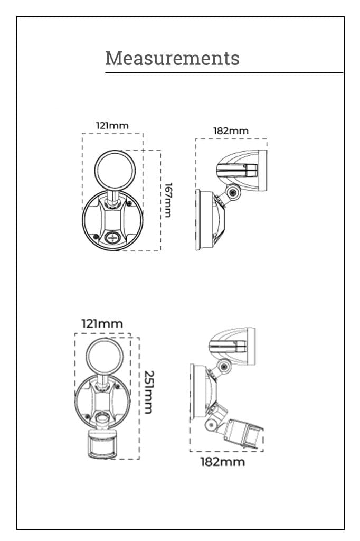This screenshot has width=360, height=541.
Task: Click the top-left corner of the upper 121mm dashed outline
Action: (x=82, y=134)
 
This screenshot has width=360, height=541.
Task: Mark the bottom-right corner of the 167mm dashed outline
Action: (x=160, y=250)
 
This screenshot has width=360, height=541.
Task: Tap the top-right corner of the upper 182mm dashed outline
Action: (x=267, y=139)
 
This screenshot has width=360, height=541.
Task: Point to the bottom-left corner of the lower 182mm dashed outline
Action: (x=190, y=451)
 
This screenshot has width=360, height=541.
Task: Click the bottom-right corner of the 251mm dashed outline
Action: (x=139, y=459)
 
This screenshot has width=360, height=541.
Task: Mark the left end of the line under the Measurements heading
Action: (x=106, y=73)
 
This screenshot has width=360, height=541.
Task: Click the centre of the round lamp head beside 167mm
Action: (x=115, y=170)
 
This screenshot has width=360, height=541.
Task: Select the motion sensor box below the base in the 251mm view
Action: (x=102, y=444)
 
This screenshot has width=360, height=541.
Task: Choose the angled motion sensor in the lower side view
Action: (x=243, y=433)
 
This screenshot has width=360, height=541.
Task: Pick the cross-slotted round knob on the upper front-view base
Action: (x=112, y=238)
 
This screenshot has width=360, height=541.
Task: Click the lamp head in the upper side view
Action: (x=242, y=171)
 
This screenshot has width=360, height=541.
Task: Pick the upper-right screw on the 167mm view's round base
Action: (x=129, y=203)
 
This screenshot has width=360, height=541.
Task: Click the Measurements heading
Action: (x=173, y=58)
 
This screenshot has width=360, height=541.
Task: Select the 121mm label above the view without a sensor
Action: (x=112, y=126)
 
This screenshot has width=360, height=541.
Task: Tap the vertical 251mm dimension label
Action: (x=149, y=392)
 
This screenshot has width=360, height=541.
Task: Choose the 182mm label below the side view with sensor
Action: (x=223, y=462)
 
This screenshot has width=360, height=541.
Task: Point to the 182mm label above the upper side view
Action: (x=231, y=131)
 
